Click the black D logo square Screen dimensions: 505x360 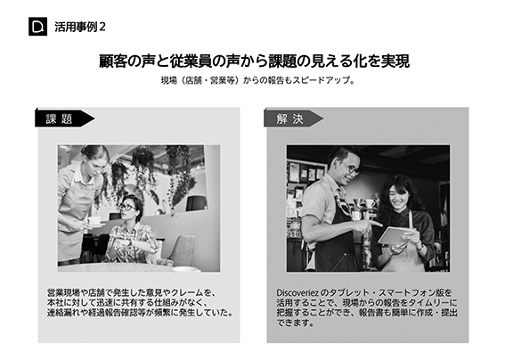pyautogui.click(x=37, y=27)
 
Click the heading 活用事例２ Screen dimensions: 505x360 pyautogui.click(x=80, y=27)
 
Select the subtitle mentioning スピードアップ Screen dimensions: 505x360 pyautogui.click(x=257, y=80)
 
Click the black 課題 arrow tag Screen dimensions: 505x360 pyautogui.click(x=64, y=119)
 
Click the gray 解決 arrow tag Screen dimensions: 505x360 pyautogui.click(x=293, y=119)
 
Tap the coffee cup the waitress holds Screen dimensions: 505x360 pyautogui.click(x=94, y=221)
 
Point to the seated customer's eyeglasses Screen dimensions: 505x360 pyautogui.click(x=127, y=208)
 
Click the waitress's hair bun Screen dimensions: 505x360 pyautogui.click(x=85, y=150)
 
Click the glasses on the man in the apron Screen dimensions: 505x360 pyautogui.click(x=350, y=168)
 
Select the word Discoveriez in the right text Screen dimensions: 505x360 pyautogui.click(x=297, y=293)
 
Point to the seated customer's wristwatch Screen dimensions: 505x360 pyautogui.click(x=130, y=241)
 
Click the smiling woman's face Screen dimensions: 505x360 pyautogui.click(x=398, y=196)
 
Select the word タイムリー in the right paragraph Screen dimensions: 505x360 pyautogui.click(x=428, y=303)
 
